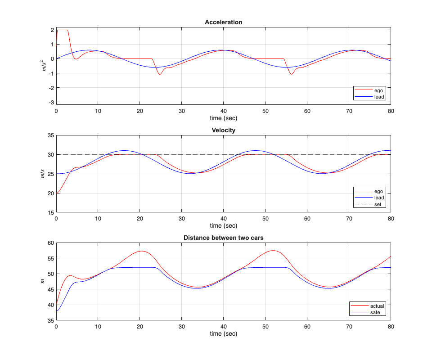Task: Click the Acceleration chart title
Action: pyautogui.click(x=224, y=22)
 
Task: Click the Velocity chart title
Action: pyautogui.click(x=224, y=130)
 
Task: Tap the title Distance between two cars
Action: pyautogui.click(x=224, y=238)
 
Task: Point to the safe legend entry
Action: pyautogui.click(x=376, y=312)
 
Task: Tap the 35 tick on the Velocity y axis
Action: pyautogui.click(x=50, y=135)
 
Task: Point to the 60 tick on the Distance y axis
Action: pyautogui.click(x=50, y=243)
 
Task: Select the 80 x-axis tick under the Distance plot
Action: pyautogui.click(x=391, y=326)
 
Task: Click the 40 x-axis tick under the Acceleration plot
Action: pyautogui.click(x=224, y=111)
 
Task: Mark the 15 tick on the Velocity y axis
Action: pyautogui.click(x=50, y=213)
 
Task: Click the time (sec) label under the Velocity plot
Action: pyautogui.click(x=224, y=226)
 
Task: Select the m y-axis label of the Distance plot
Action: pyautogui.click(x=44, y=282)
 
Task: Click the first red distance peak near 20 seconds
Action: pyautogui.click(x=142, y=251)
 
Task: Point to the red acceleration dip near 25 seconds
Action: pyautogui.click(x=160, y=74)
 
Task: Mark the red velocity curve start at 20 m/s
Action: pyautogui.click(x=57, y=193)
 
